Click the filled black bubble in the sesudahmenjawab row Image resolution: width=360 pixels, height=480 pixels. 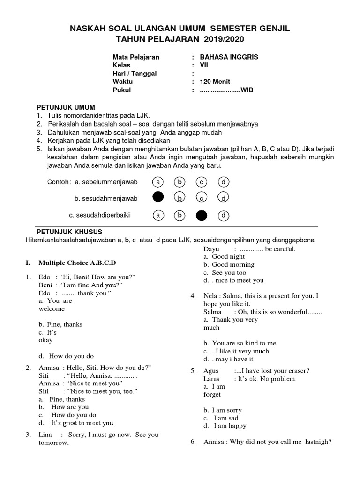pyautogui.click(x=158, y=197)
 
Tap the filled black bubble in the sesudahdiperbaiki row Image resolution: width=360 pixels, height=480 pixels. pyautogui.click(x=202, y=215)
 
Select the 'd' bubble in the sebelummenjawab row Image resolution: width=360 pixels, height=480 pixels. pyautogui.click(x=224, y=181)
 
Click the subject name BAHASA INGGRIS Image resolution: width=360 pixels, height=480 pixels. pyautogui.click(x=229, y=57)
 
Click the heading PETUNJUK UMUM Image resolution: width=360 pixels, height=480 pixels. pyautogui.click(x=66, y=107)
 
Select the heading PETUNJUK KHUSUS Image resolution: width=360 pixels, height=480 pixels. pyautogui.click(x=69, y=232)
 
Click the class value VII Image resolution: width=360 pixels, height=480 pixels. pyautogui.click(x=204, y=65)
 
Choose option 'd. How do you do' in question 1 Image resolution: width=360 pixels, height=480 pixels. pyautogui.click(x=67, y=356)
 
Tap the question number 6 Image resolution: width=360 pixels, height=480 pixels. pyautogui.click(x=193, y=442)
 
